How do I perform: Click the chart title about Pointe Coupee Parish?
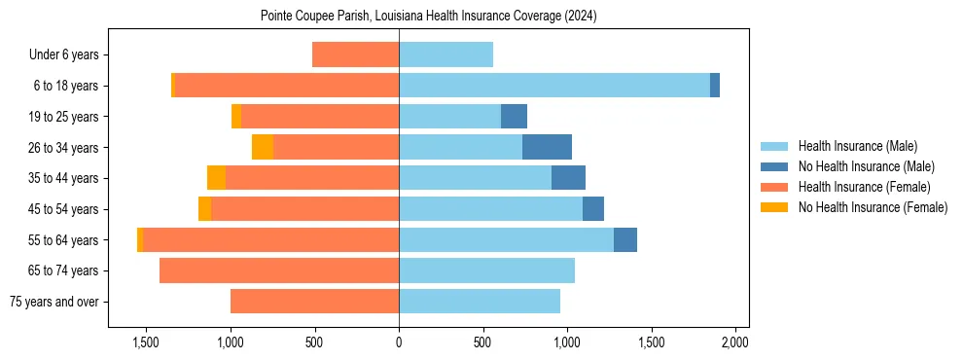coord(428,17)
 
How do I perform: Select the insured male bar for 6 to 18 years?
coord(553,86)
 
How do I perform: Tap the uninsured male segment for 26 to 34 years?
coord(547,147)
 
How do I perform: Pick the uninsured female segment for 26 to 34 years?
coord(263,147)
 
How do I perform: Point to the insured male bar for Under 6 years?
coord(446,54)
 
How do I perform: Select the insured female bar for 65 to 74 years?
coord(279,270)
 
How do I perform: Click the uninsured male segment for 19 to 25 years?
coord(514,117)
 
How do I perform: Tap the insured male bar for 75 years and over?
coord(480,302)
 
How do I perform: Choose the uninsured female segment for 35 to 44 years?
coord(216,178)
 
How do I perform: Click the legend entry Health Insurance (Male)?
coord(857,146)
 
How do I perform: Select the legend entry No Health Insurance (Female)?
coord(873,207)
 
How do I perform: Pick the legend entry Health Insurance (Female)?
coord(863,187)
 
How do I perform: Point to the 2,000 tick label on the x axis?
coord(734,343)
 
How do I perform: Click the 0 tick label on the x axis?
coord(399,343)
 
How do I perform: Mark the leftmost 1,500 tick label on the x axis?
coord(146,343)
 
